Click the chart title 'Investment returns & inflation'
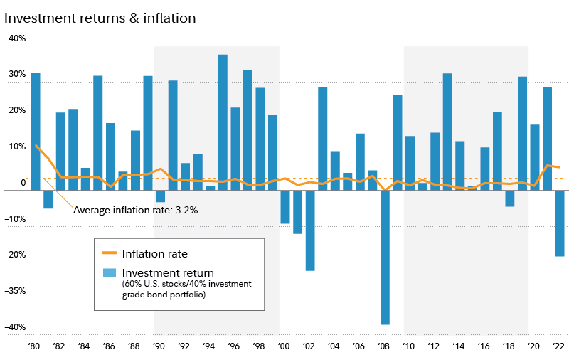[x=100, y=18]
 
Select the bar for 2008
[x=385, y=257]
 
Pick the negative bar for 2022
[x=560, y=223]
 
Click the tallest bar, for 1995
[x=223, y=122]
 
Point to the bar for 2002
[x=310, y=230]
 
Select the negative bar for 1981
[x=48, y=199]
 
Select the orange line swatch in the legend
[x=109, y=253]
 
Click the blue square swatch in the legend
[x=109, y=272]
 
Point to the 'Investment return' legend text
[x=168, y=272]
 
